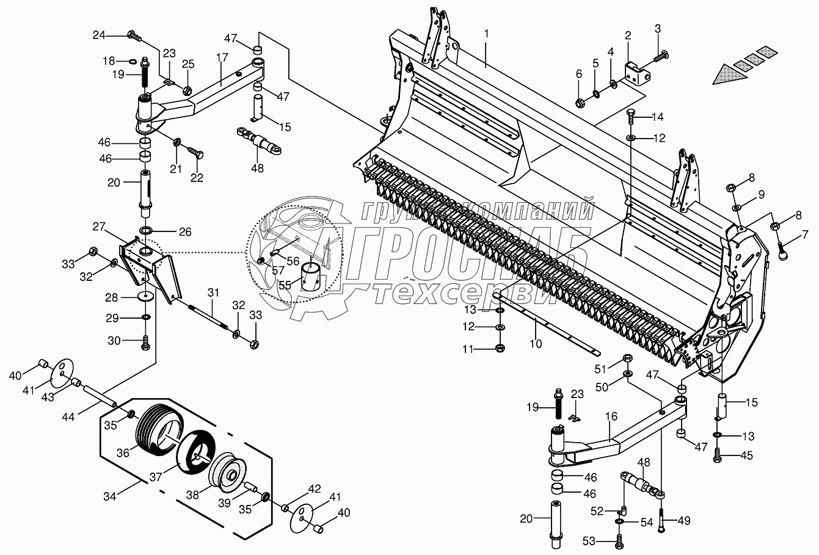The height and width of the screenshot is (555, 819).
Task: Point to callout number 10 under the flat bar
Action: pyautogui.click(x=535, y=344)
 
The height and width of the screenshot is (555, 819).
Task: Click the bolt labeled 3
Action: pyautogui.click(x=660, y=57)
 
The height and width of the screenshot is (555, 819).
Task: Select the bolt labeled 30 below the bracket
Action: pyautogui.click(x=145, y=343)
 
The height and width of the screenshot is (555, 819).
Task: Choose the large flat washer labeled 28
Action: pyautogui.click(x=145, y=297)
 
